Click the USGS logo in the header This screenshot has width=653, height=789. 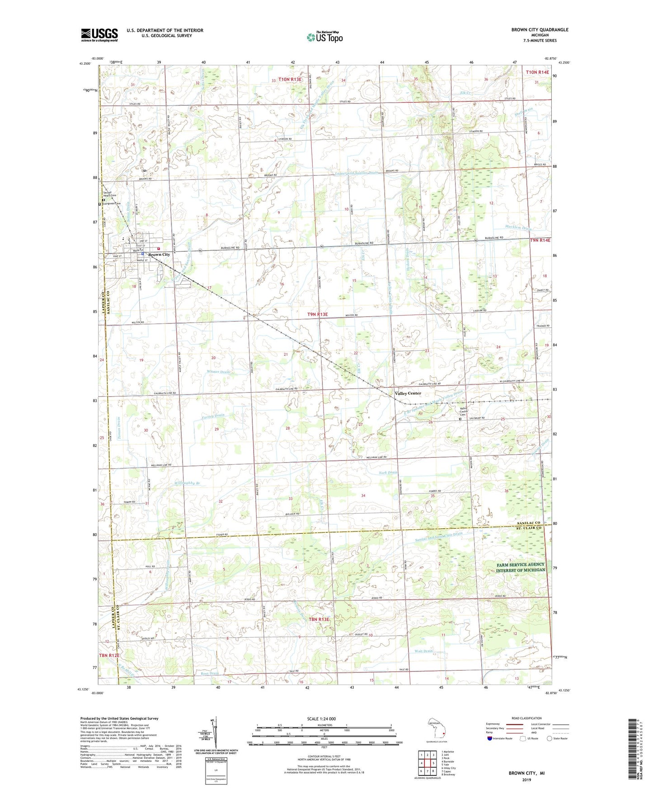pos(99,35)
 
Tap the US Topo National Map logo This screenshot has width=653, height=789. pos(324,37)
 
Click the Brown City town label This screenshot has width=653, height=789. pos(159,255)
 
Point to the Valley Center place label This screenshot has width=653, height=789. pos(408,393)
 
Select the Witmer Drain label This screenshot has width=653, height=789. pos(218,372)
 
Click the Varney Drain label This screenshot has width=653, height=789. pos(213,415)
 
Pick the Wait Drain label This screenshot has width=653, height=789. pos(423,651)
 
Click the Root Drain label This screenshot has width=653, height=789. pos(210,673)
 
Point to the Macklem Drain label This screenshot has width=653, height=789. pos(518,228)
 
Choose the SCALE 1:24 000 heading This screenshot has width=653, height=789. pos(321,719)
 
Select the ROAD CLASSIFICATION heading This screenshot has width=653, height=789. pos(526,718)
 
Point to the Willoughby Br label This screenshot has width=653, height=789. pos(187,483)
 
